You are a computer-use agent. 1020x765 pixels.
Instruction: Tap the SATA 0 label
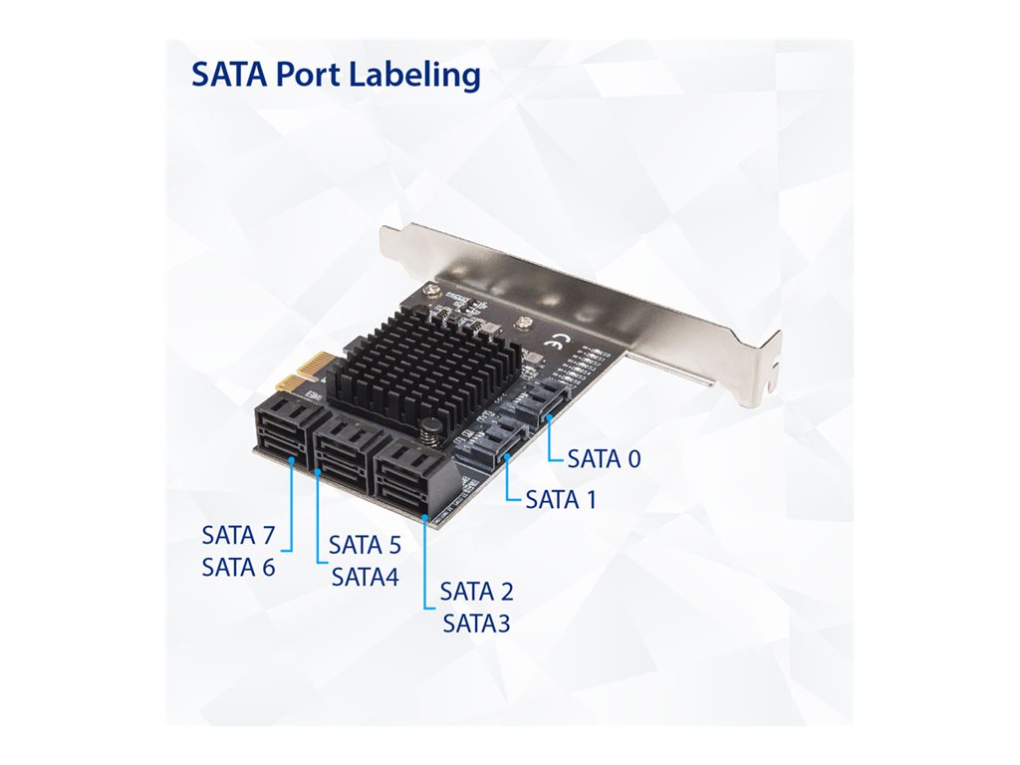pyautogui.click(x=604, y=458)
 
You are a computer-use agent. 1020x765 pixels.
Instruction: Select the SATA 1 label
pyautogui.click(x=561, y=500)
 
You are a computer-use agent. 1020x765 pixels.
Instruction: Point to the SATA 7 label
pyautogui.click(x=239, y=535)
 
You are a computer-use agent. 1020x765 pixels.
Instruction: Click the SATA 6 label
pyautogui.click(x=239, y=567)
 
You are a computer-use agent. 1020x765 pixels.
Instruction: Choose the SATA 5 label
pyautogui.click(x=365, y=545)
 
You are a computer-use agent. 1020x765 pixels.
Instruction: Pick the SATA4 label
pyautogui.click(x=365, y=577)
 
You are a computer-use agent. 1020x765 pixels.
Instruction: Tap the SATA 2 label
pyautogui.click(x=477, y=592)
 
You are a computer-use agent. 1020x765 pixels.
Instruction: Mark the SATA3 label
pyautogui.click(x=477, y=624)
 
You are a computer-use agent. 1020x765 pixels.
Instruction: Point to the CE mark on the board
pyautogui.click(x=556, y=340)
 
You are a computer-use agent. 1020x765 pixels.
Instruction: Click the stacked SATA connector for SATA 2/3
pyautogui.click(x=411, y=477)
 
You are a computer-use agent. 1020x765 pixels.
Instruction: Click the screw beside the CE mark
pyautogui.click(x=521, y=322)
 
